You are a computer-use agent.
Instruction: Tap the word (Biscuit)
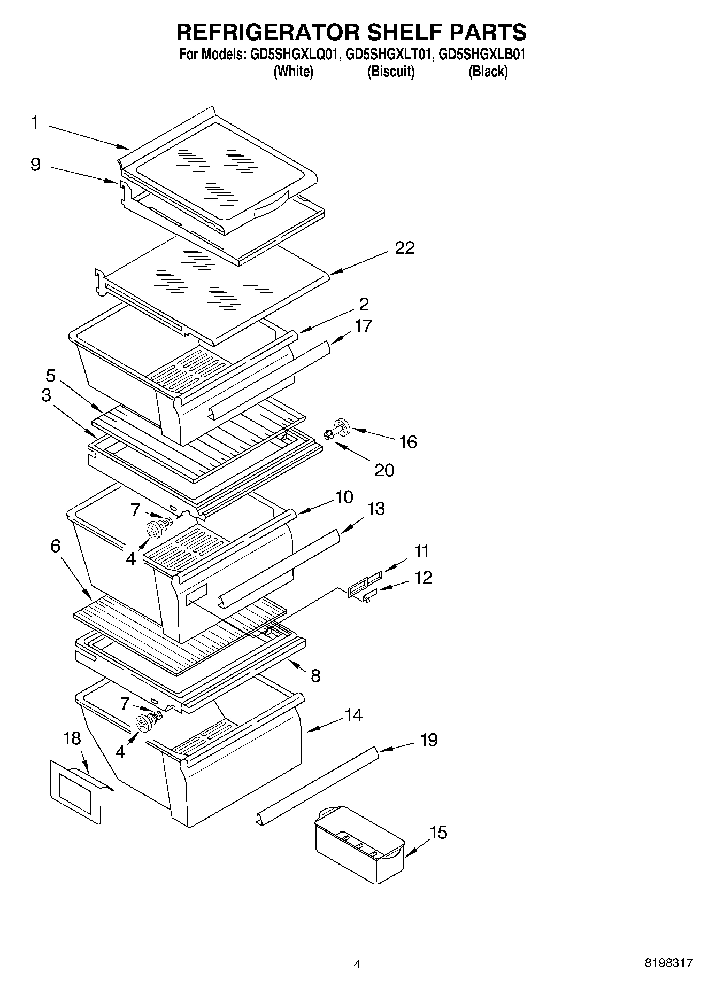391,72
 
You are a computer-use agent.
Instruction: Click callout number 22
404,248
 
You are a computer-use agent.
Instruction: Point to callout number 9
35,164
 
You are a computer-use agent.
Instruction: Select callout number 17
363,325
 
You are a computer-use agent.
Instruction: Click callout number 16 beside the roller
408,442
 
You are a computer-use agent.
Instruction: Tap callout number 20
384,470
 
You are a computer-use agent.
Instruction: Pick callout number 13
376,508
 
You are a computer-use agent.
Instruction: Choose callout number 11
421,551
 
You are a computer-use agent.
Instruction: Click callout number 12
424,578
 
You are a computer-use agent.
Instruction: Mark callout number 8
315,676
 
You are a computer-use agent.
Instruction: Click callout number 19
428,740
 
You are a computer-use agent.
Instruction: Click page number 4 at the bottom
357,964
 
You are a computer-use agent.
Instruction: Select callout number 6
56,546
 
